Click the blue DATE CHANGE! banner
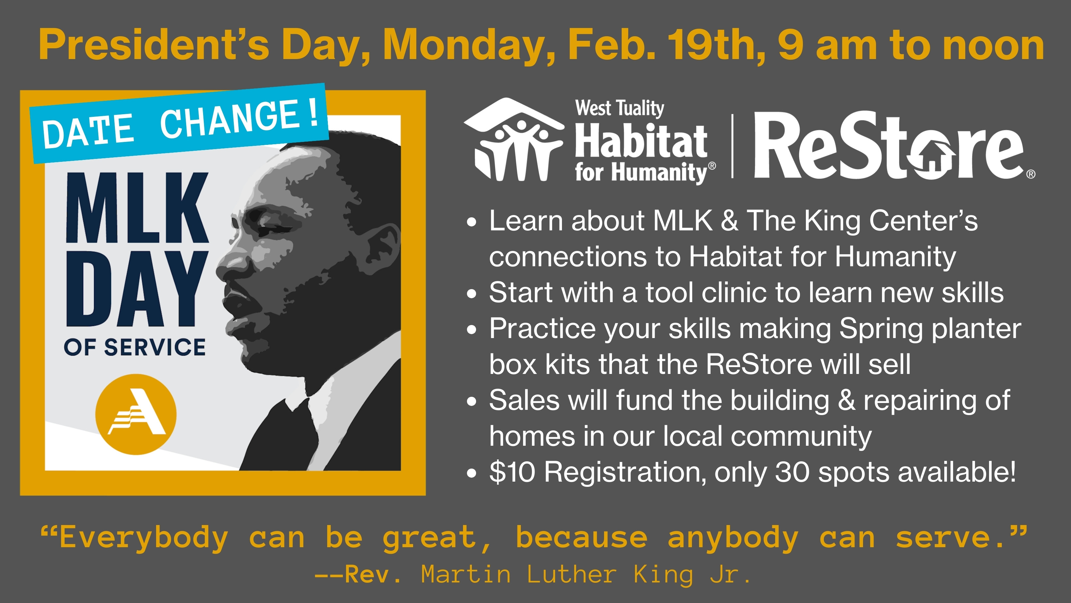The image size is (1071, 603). pyautogui.click(x=179, y=123)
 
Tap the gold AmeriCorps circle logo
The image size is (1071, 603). pyautogui.click(x=136, y=414)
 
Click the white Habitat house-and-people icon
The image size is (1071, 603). pyautogui.click(x=514, y=140)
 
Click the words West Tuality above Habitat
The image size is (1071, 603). pyautogui.click(x=619, y=108)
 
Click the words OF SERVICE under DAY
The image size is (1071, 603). pyautogui.click(x=135, y=347)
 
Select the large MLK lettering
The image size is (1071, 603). pyautogui.click(x=137, y=208)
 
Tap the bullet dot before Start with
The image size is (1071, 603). pyautogui.click(x=471, y=294)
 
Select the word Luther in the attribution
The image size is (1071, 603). pyautogui.click(x=572, y=574)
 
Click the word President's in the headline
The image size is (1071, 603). pyautogui.click(x=154, y=45)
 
